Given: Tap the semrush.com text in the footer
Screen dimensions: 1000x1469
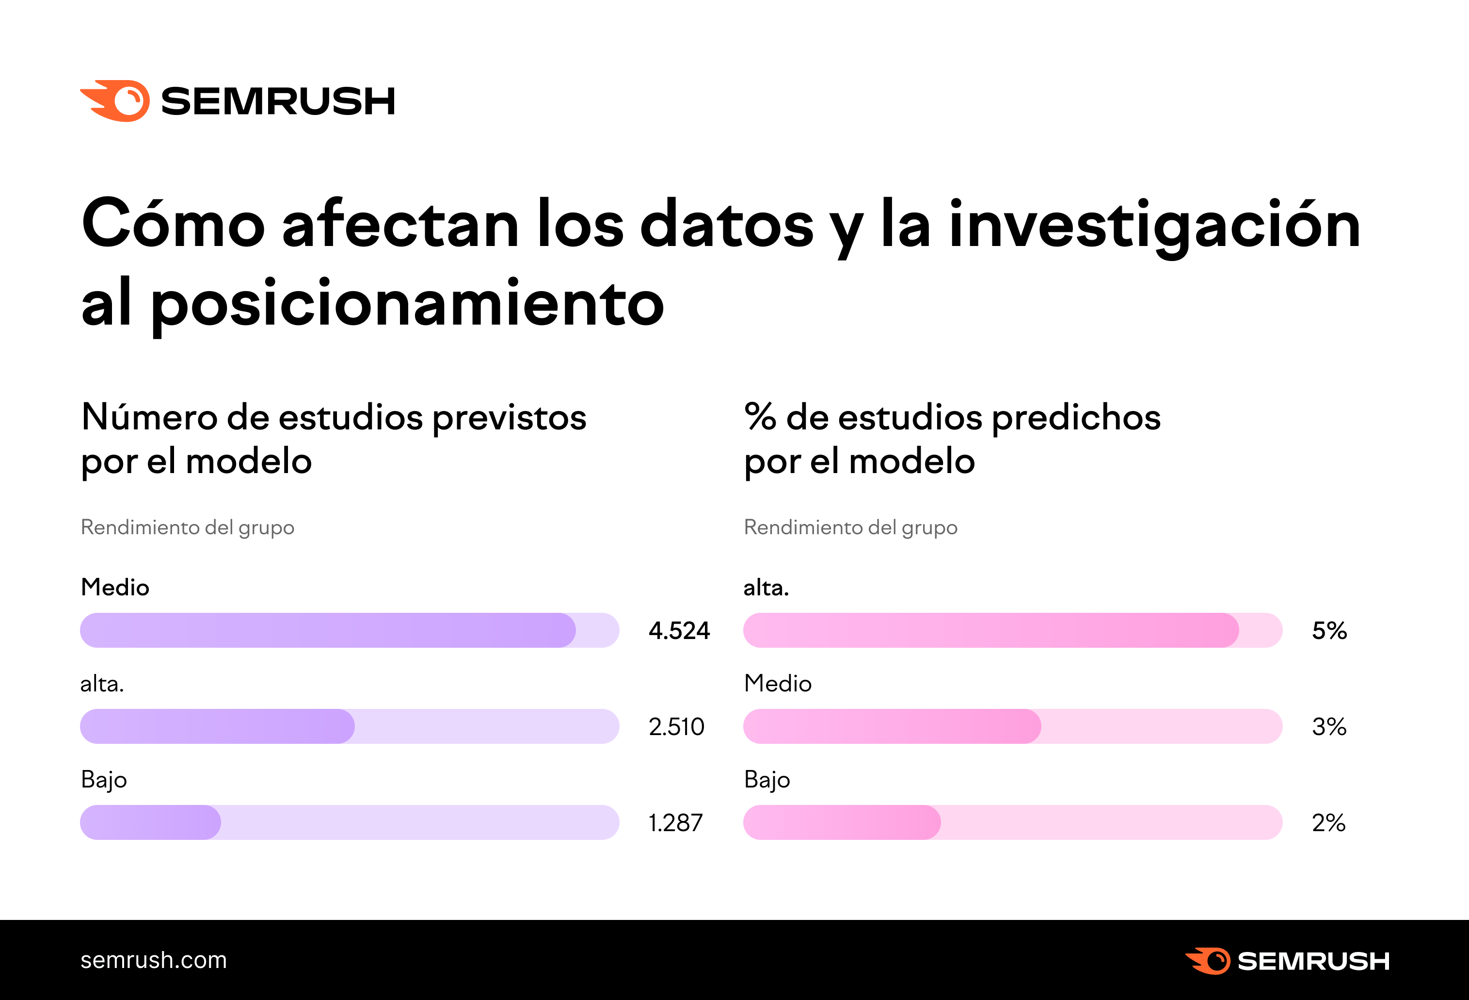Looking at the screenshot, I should pyautogui.click(x=153, y=960).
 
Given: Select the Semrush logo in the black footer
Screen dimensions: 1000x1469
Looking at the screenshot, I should pyautogui.click(x=1287, y=961).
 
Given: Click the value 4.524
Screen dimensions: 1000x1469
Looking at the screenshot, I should pyautogui.click(x=679, y=631).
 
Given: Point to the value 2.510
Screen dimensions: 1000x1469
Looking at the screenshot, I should pyautogui.click(x=676, y=727).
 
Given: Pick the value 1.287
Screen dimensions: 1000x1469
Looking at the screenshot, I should pyautogui.click(x=675, y=823).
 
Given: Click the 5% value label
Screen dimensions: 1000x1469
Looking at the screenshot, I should pyautogui.click(x=1329, y=631).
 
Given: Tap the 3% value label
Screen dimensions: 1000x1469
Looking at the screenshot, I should pyautogui.click(x=1329, y=727).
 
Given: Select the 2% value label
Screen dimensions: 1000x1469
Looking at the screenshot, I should pyautogui.click(x=1328, y=823).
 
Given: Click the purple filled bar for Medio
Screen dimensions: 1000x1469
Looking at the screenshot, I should pyautogui.click(x=327, y=630).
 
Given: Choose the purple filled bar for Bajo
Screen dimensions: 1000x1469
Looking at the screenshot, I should pyautogui.click(x=150, y=822).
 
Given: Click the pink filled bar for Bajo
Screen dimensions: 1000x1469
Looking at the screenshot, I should pyautogui.click(x=841, y=822).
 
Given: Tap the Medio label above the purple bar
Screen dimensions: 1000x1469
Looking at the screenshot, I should pyautogui.click(x=115, y=588).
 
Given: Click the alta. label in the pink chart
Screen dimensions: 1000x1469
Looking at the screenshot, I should pyautogui.click(x=766, y=588).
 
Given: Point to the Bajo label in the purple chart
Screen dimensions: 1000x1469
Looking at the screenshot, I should pyautogui.click(x=104, y=780).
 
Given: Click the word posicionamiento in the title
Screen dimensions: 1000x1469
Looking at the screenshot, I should pyautogui.click(x=407, y=305).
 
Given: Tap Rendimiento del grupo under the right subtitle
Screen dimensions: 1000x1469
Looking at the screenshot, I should pyautogui.click(x=850, y=527).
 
